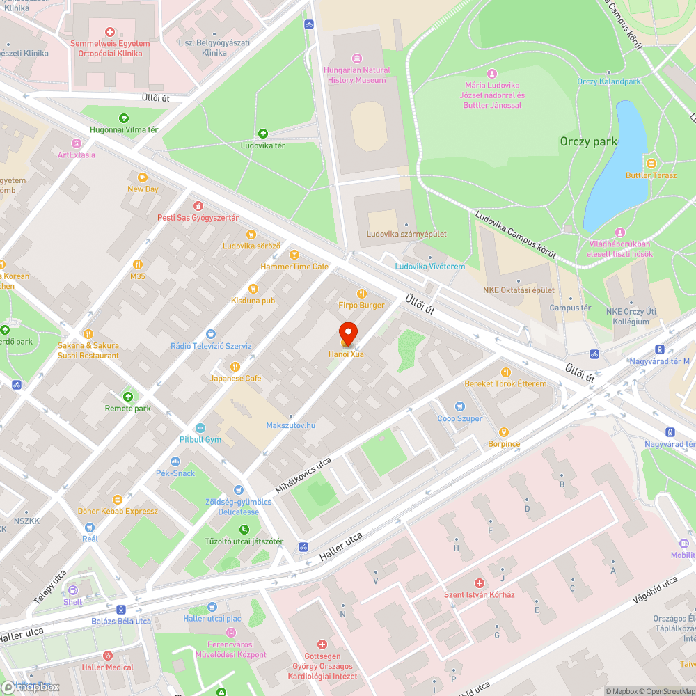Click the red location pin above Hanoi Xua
click(x=348, y=333)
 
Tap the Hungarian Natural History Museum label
click(x=356, y=75)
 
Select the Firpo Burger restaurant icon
click(x=361, y=294)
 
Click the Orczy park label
click(x=588, y=141)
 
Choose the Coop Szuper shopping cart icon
click(x=459, y=406)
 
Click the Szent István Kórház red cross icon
click(x=479, y=583)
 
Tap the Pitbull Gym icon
click(x=200, y=427)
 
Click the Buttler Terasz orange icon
click(x=651, y=163)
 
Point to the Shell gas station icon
click(x=73, y=590)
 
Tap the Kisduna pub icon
click(x=253, y=288)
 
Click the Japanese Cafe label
click(x=236, y=378)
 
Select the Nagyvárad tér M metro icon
click(x=658, y=349)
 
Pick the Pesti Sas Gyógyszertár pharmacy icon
click(x=198, y=205)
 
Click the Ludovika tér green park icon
click(x=262, y=134)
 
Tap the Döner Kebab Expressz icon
click(x=118, y=499)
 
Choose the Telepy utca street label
click(x=49, y=586)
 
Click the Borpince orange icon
click(x=503, y=432)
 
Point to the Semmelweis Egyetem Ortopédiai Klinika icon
click(x=110, y=31)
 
